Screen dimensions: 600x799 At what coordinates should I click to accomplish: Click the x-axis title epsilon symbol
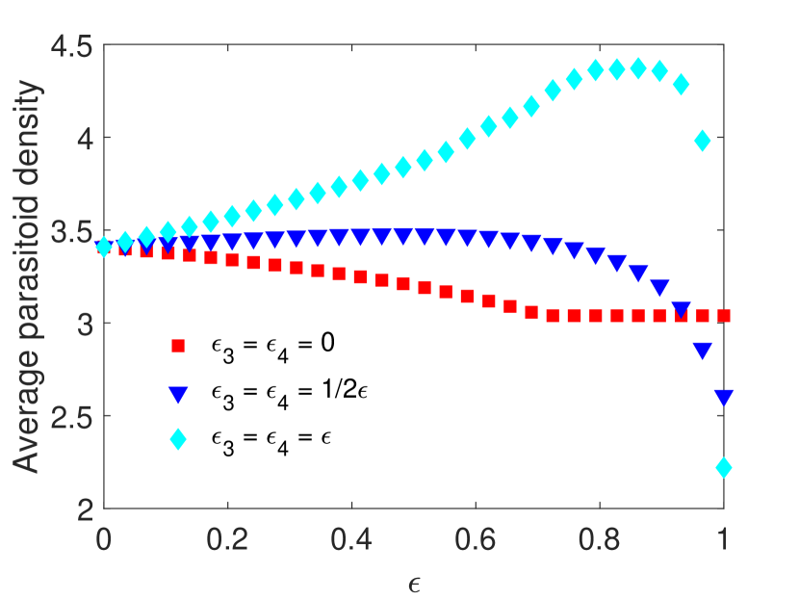click(414, 582)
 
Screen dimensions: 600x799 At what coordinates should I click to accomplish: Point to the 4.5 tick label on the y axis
click(71, 46)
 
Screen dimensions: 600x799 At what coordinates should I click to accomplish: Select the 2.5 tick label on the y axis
click(71, 416)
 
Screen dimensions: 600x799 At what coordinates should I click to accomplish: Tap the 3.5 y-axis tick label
click(71, 231)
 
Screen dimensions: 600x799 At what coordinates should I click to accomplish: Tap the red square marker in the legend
click(176, 345)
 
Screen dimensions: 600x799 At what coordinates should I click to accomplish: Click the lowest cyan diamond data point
click(724, 468)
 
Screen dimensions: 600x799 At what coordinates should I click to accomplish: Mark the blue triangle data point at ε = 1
click(724, 397)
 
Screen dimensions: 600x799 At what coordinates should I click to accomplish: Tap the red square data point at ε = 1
click(724, 315)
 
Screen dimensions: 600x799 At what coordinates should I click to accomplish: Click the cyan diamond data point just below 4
click(703, 141)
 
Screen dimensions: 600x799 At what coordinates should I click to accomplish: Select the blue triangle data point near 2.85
click(703, 351)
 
